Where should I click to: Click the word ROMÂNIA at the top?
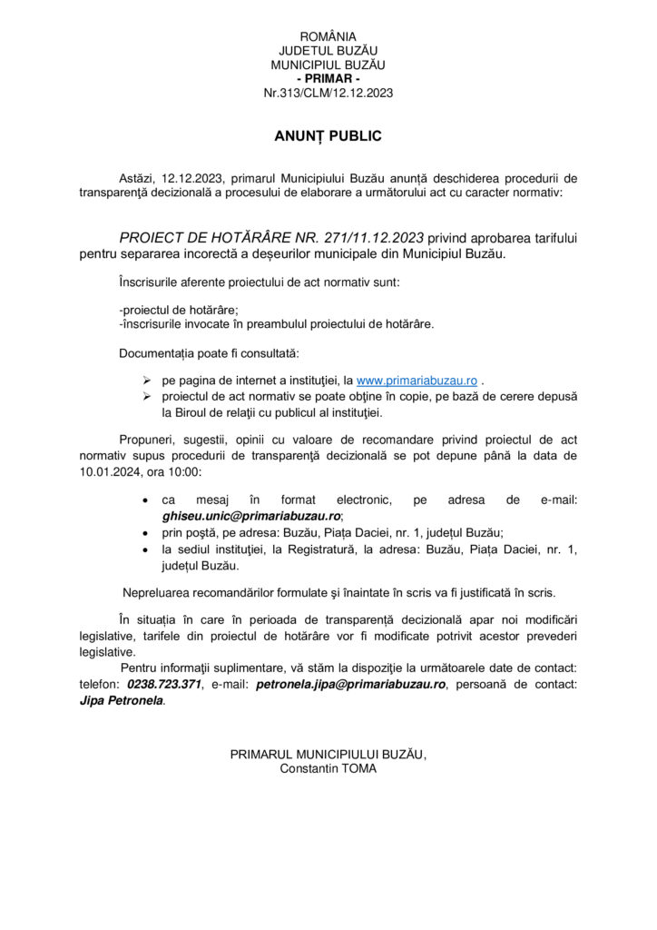point(328,36)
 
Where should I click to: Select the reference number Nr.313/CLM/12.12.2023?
point(328,93)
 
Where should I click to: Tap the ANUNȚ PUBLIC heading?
point(328,136)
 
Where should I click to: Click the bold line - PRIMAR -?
point(328,79)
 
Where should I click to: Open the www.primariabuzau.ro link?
point(417,380)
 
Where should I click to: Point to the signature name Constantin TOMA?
point(328,768)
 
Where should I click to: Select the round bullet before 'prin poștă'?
point(147,532)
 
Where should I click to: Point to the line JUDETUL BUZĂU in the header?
point(328,51)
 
